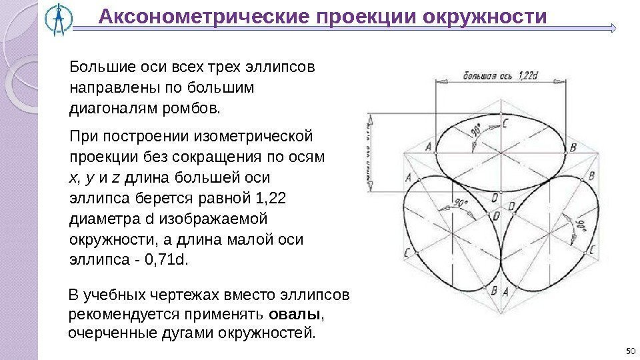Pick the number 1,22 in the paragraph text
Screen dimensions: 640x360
pyautogui.click(x=271, y=197)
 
